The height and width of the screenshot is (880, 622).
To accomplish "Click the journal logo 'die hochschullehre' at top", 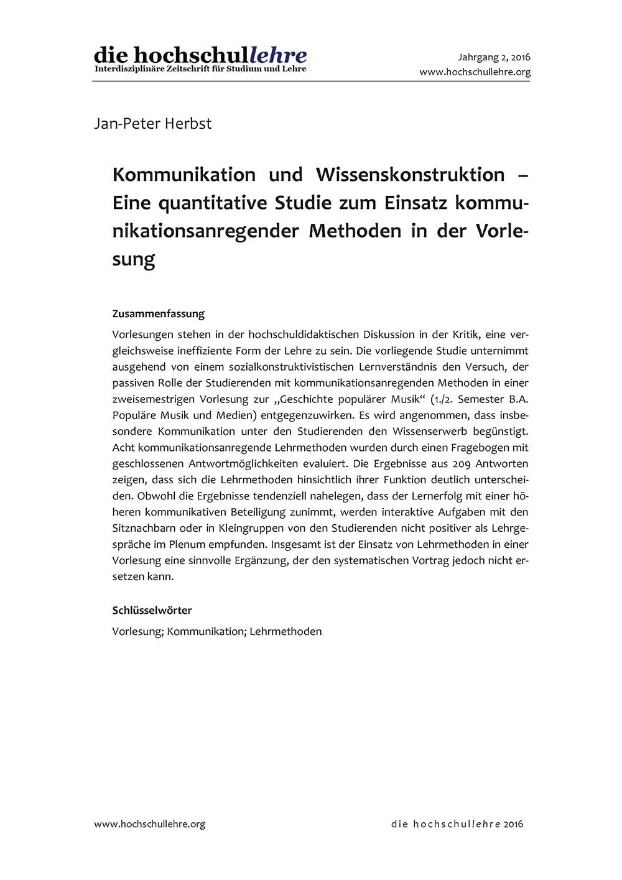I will [x=200, y=55].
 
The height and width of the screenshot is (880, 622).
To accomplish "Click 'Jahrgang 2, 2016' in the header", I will [x=494, y=57].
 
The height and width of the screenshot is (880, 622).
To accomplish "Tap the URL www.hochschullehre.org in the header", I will [x=475, y=72].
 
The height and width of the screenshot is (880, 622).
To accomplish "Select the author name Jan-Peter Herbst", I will [x=152, y=124].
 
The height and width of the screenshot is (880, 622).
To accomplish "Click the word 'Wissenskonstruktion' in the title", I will [x=410, y=175].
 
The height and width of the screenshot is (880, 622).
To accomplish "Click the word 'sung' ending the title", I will [x=133, y=260].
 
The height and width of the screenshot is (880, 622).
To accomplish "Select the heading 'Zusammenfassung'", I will [x=158, y=314].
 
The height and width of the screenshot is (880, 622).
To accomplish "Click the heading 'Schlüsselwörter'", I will [x=152, y=611].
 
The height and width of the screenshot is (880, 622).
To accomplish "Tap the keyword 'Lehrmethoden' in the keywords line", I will [x=285, y=632].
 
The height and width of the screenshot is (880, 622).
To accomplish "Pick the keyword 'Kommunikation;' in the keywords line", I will [x=207, y=632].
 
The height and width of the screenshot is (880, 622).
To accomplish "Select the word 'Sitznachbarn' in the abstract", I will [x=144, y=529].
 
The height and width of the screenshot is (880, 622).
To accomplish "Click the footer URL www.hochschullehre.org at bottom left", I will [x=149, y=824].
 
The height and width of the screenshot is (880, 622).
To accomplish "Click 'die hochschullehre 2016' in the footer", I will [x=457, y=824].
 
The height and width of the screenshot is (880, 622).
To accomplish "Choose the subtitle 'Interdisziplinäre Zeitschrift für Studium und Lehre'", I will [x=200, y=69].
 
